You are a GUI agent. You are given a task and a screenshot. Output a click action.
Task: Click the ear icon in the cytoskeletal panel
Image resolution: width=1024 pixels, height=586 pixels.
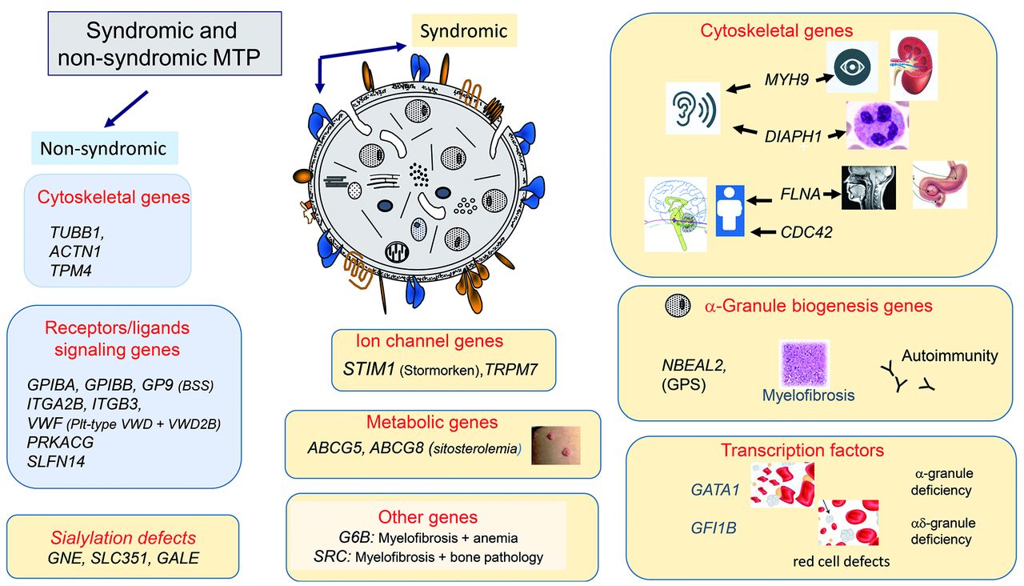click(x=693, y=110)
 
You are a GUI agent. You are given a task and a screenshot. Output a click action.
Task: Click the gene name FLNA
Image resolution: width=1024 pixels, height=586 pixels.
click(x=800, y=193)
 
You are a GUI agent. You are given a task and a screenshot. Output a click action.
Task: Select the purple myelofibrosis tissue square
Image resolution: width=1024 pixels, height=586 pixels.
click(x=804, y=364)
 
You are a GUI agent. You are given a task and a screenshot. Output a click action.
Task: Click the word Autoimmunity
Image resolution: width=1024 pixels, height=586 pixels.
click(x=950, y=355)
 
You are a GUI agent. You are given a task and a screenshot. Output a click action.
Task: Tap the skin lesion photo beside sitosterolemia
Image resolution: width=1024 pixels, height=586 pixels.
click(x=555, y=446)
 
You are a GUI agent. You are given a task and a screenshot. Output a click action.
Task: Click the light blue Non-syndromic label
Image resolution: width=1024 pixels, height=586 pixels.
click(x=104, y=148)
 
